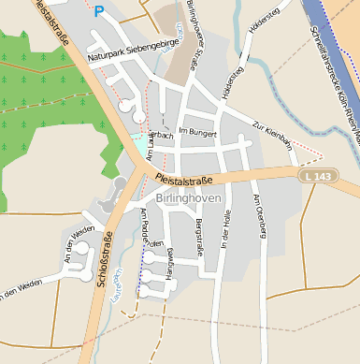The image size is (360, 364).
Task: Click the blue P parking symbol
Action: tap(98, 11)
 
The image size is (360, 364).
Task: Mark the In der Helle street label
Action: tap(224, 228)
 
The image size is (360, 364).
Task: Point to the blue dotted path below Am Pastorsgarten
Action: tap(141, 271)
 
